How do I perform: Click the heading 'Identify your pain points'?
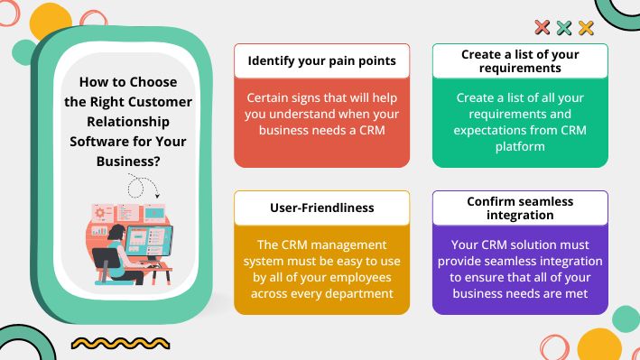tap(321, 61)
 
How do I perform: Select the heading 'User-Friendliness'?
tap(321, 208)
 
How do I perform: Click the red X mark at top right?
tap(543, 28)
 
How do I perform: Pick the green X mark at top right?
tap(564, 28)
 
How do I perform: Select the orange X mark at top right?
tap(586, 28)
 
